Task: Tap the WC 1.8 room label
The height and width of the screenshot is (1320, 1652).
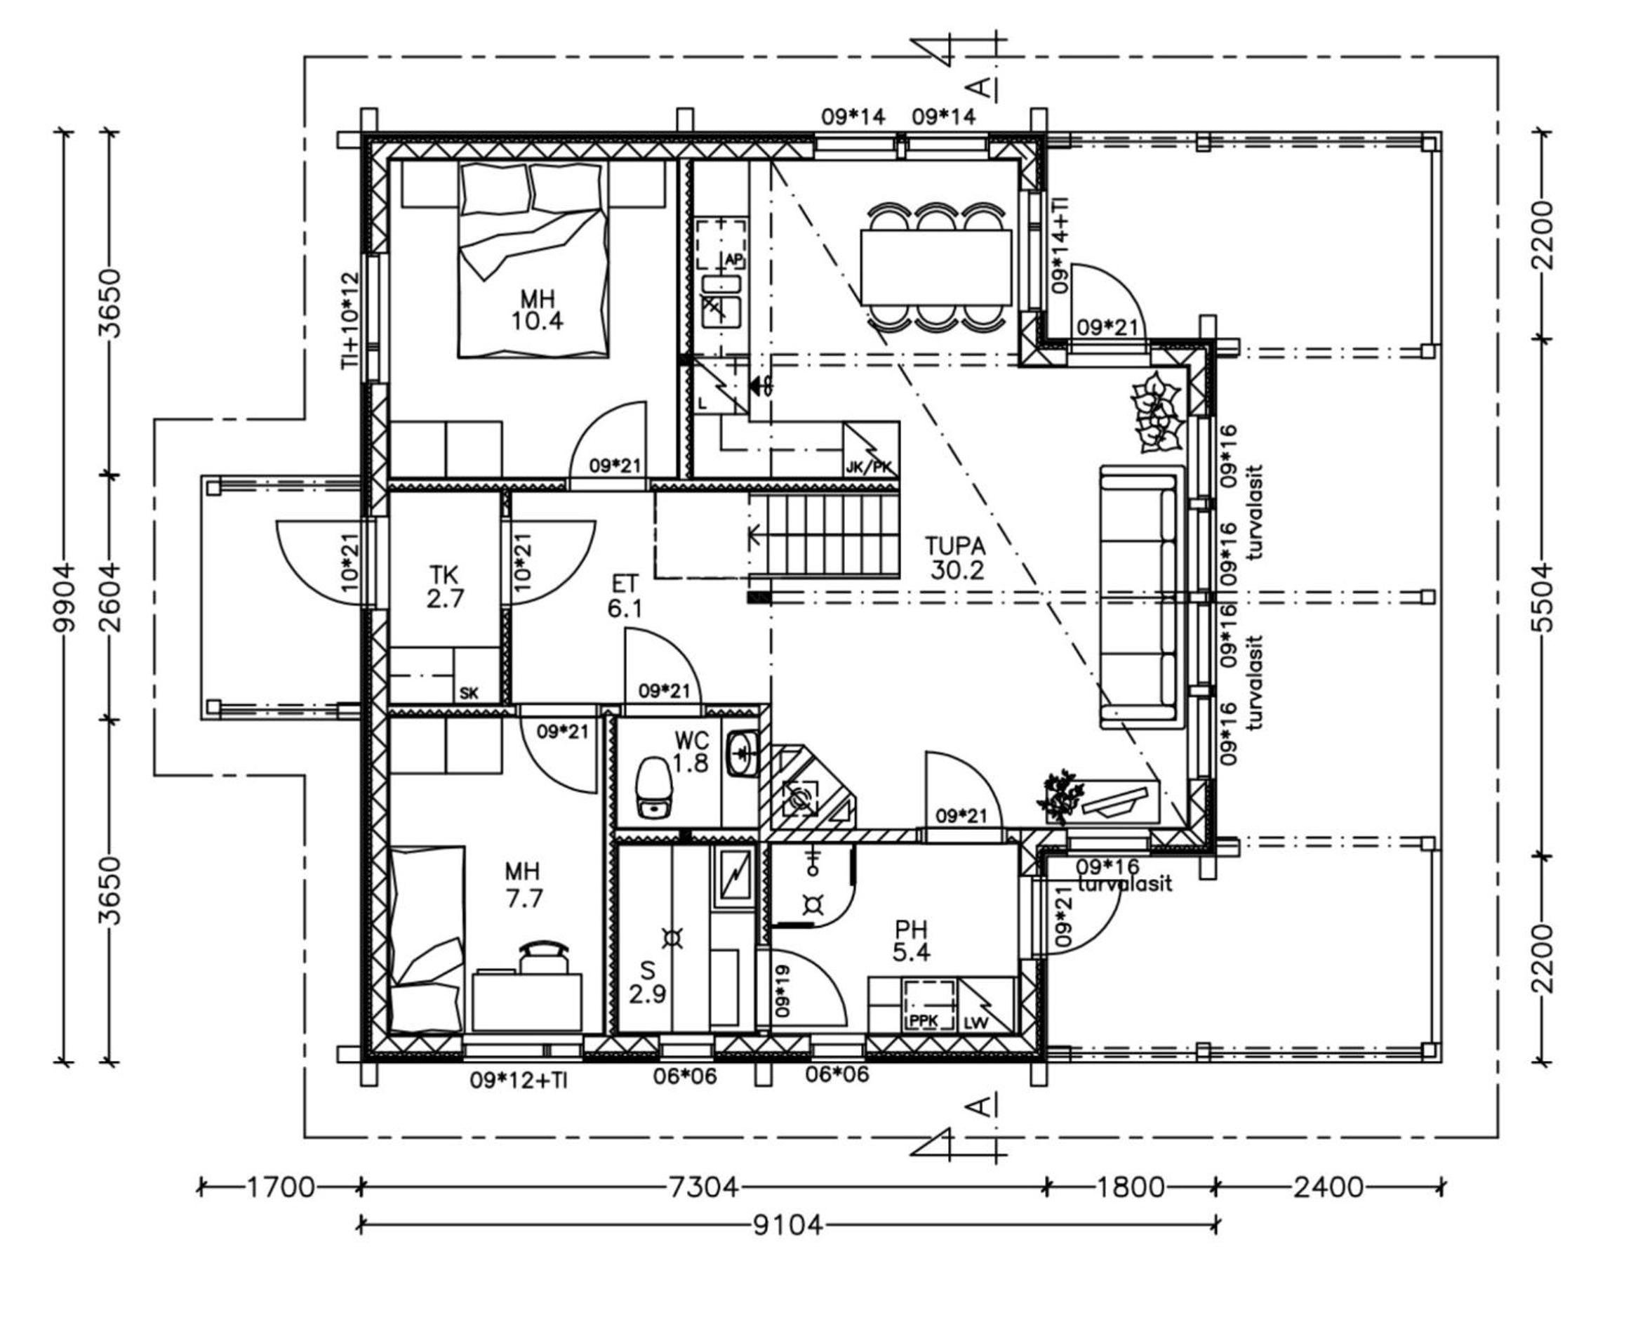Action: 691,752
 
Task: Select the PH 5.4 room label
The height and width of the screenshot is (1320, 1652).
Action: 911,942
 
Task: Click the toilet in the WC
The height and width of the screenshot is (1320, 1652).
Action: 653,786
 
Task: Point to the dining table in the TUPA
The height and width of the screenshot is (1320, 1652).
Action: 935,268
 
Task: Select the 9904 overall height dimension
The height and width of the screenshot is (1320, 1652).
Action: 66,597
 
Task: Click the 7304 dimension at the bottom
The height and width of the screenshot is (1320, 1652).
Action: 703,1187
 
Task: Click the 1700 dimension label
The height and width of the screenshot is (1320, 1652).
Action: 280,1187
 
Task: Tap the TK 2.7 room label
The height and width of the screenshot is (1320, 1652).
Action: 445,586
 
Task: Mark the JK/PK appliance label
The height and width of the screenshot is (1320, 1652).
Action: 869,467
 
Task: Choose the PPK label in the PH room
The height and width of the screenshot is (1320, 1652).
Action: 924,1021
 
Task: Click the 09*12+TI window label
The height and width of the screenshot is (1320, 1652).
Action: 519,1080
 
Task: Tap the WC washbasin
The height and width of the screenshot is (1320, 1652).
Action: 742,754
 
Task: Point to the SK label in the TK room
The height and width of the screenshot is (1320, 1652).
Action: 469,693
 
